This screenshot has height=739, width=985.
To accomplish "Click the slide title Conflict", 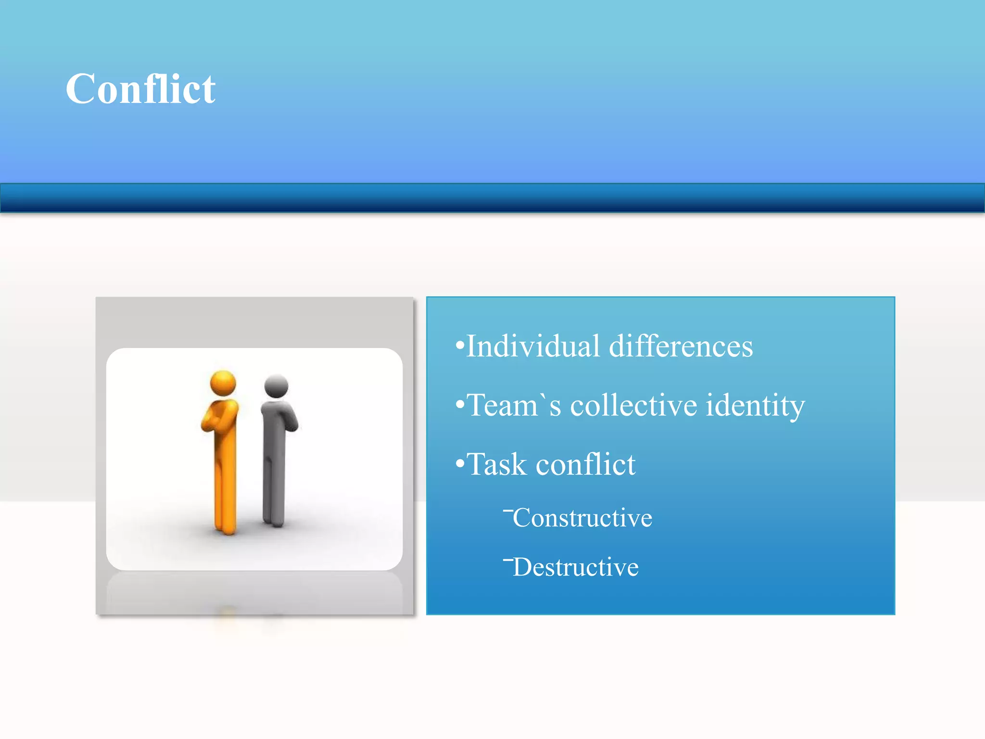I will (140, 89).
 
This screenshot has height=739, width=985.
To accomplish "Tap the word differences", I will (681, 346).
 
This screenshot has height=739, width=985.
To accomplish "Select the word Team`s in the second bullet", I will (514, 405).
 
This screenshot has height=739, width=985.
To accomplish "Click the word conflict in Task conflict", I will (586, 465).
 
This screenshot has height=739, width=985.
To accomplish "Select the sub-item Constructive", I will (582, 518).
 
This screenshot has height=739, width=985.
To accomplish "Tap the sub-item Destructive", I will (576, 567).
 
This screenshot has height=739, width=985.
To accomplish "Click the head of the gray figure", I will (276, 386).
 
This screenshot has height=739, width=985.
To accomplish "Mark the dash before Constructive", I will (508, 510).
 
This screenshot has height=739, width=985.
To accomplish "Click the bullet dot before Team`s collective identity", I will (460, 405).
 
